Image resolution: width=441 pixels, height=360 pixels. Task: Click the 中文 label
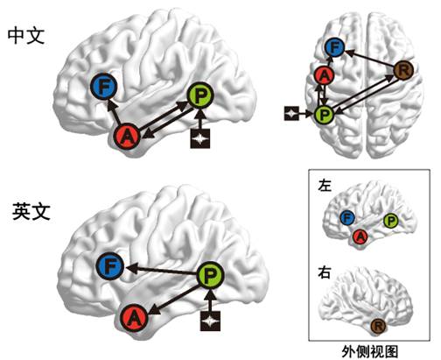26,36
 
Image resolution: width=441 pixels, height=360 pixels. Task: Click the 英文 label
31,211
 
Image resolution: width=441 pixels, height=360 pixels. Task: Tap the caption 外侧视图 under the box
370,351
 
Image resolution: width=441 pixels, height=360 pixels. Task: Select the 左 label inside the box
325,186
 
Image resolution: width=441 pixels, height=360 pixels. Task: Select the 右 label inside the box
324,272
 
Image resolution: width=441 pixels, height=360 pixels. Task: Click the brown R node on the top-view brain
403,70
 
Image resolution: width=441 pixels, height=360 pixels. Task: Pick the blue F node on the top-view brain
334,47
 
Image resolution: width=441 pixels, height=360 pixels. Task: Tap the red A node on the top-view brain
325,75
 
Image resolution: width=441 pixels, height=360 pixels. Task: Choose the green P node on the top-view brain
325,114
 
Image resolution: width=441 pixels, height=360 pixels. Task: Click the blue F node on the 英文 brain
110,266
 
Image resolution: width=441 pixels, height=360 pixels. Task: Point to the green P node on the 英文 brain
210,275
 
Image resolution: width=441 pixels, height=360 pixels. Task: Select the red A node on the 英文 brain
134,318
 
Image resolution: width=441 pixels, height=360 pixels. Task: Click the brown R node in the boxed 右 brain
378,326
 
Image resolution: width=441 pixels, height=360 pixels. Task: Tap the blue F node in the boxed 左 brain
347,217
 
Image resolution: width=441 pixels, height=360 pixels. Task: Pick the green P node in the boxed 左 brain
391,221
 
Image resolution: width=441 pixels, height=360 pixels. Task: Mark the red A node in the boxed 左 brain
360,236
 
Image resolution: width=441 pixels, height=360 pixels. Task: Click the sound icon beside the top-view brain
291,113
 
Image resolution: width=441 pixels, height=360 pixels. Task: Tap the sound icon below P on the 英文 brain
210,321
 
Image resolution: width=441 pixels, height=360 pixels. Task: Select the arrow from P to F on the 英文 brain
160,270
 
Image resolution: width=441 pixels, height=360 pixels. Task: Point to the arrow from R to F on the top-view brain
369,60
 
